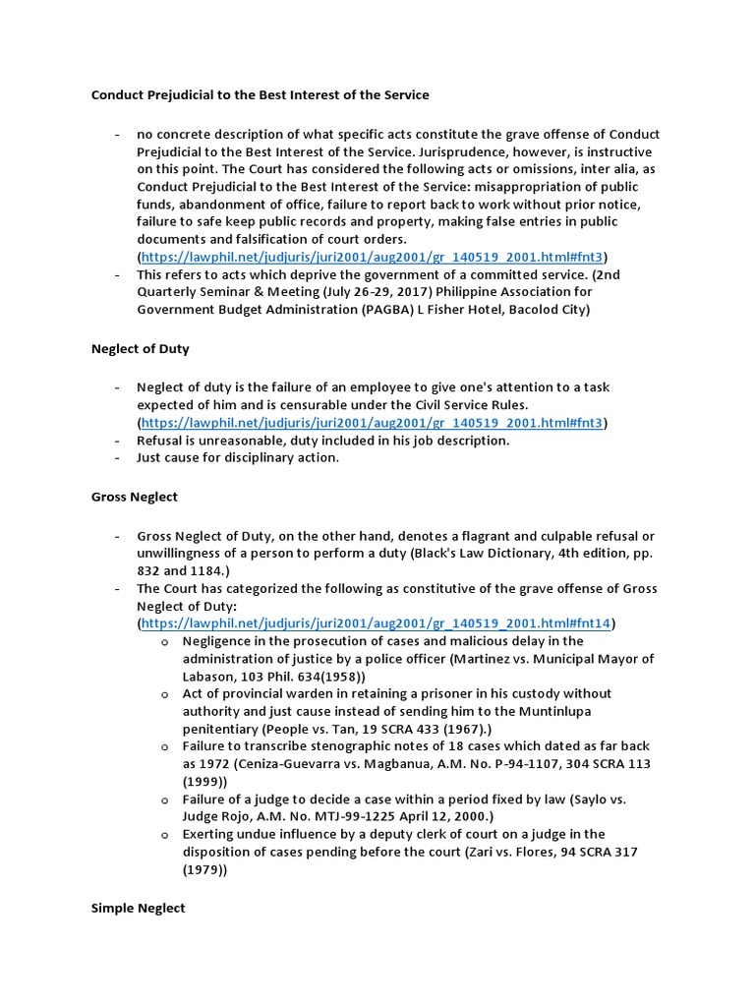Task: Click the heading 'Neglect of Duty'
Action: pos(141,348)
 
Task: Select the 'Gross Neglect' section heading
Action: pos(135,497)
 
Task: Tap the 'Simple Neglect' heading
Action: pos(138,908)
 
